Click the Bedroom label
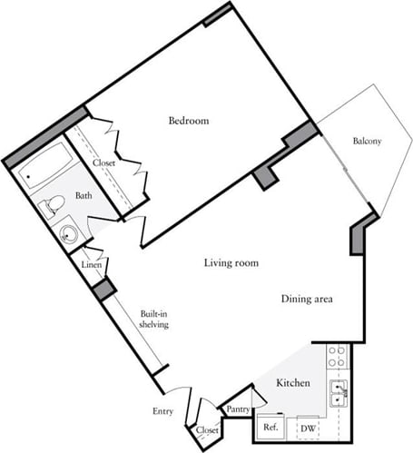click(189, 121)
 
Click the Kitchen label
click(293, 384)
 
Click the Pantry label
click(238, 410)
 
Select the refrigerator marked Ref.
click(270, 427)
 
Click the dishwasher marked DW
click(308, 428)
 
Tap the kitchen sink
click(338, 392)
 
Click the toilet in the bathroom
click(53, 203)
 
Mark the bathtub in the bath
click(43, 167)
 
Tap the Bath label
click(83, 195)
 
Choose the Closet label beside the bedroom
click(103, 162)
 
